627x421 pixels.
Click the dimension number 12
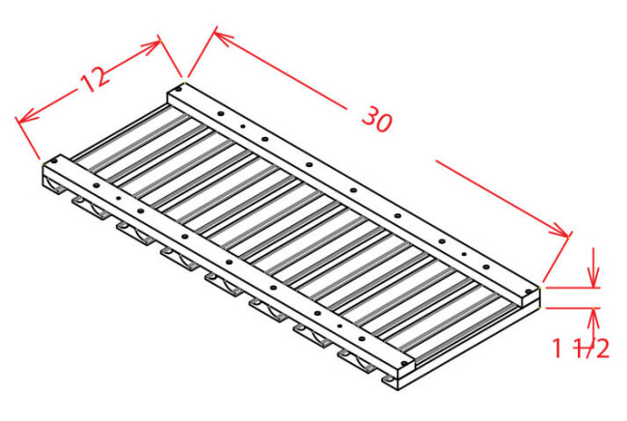pyautogui.click(x=95, y=78)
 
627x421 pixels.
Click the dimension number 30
pyautogui.click(x=377, y=120)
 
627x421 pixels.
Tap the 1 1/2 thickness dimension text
pyautogui.click(x=581, y=348)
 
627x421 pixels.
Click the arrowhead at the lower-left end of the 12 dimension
pyautogui.click(x=25, y=119)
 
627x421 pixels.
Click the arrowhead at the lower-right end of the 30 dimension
pyautogui.click(x=561, y=232)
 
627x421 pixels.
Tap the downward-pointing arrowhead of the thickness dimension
pyautogui.click(x=594, y=277)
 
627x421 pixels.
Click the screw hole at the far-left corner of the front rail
pyautogui.click(x=54, y=161)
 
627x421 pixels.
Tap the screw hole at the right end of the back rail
pyautogui.click(x=529, y=291)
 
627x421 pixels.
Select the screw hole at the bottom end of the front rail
pyautogui.click(x=405, y=363)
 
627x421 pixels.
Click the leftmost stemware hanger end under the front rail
pyautogui.click(x=55, y=187)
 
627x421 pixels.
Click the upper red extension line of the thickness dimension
pyautogui.click(x=573, y=288)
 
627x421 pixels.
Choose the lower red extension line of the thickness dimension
pyautogui.click(x=573, y=308)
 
